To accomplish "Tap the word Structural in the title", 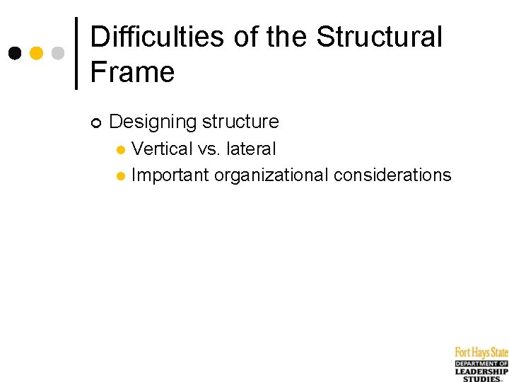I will [379, 37].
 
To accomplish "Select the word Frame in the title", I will [132, 72].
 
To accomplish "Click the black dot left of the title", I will [15, 53].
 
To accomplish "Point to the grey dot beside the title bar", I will [58, 53].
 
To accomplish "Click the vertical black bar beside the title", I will [76, 53].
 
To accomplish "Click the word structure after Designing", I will [240, 122].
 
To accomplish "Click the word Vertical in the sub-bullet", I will [162, 149].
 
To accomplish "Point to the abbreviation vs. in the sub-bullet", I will [209, 149].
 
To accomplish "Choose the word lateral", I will [251, 149].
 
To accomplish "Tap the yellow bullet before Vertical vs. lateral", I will [121, 150].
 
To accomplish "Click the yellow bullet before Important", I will [121, 175].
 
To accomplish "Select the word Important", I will [170, 175].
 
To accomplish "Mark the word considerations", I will [392, 175].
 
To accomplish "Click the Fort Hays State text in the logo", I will [481, 352].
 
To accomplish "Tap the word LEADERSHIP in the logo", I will [481, 371].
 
